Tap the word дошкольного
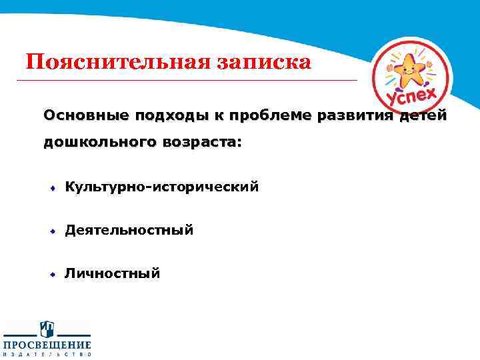tap(98, 142)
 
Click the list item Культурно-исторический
tap(161, 187)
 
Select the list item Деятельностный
tap(129, 230)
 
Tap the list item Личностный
tap(113, 273)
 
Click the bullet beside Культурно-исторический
tap(51, 188)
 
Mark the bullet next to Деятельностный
tap(51, 231)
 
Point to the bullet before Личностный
tap(51, 273)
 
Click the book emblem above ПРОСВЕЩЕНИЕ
tap(47, 329)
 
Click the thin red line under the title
tap(187, 80)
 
